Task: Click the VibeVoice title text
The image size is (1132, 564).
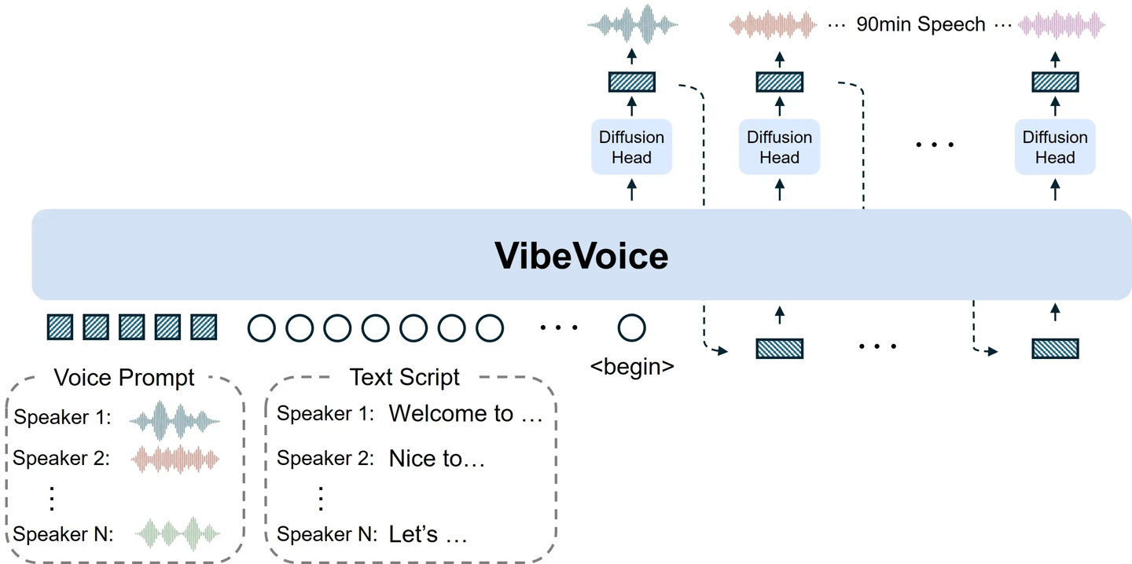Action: point(581,256)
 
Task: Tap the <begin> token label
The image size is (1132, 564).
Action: point(632,366)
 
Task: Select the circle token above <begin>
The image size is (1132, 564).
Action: point(631,328)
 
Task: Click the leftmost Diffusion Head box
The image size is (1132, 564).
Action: point(631,147)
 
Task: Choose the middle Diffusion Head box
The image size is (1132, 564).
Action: point(779,147)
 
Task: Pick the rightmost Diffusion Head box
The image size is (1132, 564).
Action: point(1054,147)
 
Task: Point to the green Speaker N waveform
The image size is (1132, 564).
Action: point(178,533)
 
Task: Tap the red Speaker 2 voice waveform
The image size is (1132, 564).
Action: point(175,459)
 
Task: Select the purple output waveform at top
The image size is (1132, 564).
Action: point(1061,25)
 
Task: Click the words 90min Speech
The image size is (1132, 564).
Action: point(921,24)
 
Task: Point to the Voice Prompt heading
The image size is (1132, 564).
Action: point(123,378)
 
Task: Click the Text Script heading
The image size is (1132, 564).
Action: point(404,377)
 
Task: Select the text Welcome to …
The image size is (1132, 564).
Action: point(465,414)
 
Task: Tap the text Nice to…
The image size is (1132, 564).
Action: point(436,459)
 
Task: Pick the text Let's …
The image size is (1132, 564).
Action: point(428,535)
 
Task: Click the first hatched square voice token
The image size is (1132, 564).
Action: point(60,327)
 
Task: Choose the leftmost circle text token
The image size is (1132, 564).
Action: point(262,328)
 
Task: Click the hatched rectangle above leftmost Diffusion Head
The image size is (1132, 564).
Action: point(631,82)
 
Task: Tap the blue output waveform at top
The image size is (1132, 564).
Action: point(633,24)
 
